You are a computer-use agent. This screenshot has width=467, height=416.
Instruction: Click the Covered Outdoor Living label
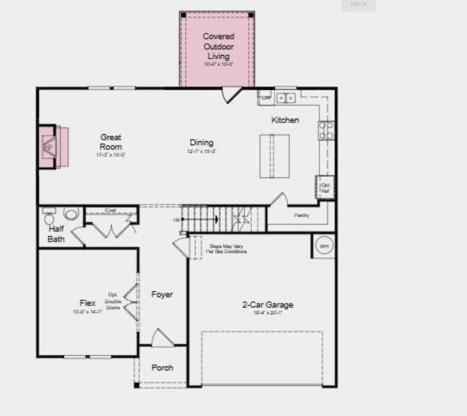point(219,46)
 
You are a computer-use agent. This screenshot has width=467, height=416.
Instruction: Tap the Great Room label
point(111,142)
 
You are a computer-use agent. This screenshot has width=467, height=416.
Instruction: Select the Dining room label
point(202,143)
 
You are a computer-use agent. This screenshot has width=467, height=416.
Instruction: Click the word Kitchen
point(285,120)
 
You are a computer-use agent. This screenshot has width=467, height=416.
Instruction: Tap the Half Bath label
point(56,234)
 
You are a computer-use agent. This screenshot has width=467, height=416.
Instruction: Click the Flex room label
point(87,303)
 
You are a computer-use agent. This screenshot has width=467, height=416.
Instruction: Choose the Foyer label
point(162,295)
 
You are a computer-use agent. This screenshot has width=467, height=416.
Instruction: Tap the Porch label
point(162,367)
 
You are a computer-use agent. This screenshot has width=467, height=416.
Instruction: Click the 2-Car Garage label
point(268,304)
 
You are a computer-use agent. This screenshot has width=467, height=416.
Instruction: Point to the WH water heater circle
point(324,245)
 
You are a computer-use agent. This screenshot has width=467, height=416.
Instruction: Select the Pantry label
point(301,216)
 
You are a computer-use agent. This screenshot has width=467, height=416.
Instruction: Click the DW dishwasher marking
point(266,98)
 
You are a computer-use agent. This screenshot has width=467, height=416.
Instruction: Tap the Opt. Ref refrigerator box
point(325,188)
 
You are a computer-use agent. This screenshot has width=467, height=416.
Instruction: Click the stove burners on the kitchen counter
point(326,130)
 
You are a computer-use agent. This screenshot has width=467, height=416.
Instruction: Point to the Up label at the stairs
point(177,220)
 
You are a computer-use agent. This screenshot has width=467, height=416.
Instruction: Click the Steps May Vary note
point(228,248)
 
